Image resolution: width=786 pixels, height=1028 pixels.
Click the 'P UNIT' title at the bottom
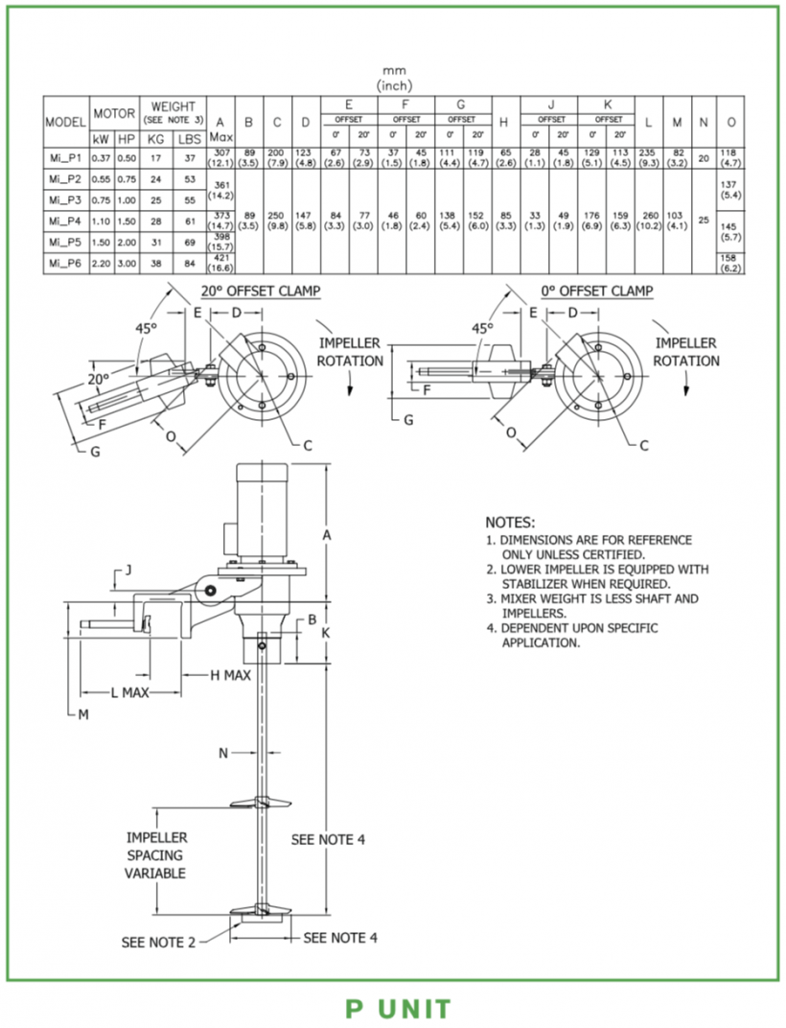[398, 1009]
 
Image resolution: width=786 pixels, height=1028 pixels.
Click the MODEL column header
[66, 123]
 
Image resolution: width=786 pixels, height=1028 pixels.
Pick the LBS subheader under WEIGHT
[191, 140]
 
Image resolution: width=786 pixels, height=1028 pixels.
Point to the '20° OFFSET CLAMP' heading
[260, 291]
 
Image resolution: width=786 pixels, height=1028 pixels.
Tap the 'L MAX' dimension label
[128, 693]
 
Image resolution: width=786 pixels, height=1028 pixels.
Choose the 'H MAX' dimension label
[230, 675]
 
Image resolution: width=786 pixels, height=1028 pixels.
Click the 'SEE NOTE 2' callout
[158, 943]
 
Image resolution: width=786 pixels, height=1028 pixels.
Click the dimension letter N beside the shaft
[223, 753]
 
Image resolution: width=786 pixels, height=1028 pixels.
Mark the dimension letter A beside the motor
[327, 536]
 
